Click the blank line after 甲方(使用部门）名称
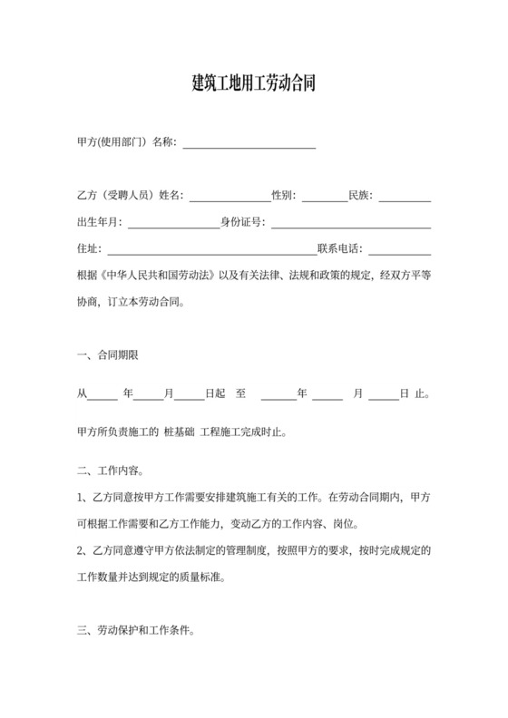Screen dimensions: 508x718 [x=249, y=143]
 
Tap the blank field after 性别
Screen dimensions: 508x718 [x=325, y=196]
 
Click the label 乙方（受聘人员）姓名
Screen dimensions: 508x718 [x=131, y=196]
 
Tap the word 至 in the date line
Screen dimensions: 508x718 [x=240, y=393]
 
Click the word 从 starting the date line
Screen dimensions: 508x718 [x=83, y=393]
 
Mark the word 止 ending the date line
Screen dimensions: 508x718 [x=420, y=393]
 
